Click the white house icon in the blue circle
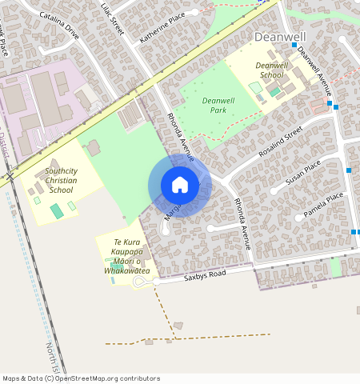click(180, 185)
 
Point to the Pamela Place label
click(323, 205)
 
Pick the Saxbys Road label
click(205, 275)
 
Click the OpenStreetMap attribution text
click(81, 378)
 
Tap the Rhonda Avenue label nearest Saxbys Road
click(242, 223)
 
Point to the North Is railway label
click(53, 358)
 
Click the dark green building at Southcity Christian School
click(56, 211)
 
